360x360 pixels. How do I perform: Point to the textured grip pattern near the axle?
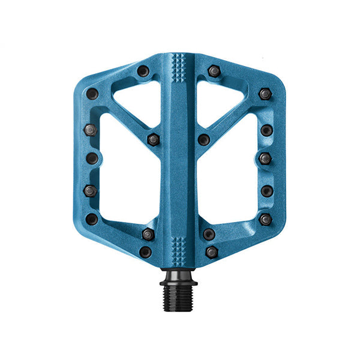(179, 247)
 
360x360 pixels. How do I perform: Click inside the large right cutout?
(231, 180)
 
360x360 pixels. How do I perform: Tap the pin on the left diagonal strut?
(153, 139)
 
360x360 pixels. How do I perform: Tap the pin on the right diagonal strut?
(204, 139)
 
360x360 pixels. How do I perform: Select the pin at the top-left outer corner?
(92, 94)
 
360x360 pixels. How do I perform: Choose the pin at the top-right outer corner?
(265, 94)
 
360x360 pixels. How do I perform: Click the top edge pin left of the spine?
(143, 71)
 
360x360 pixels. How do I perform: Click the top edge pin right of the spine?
(214, 71)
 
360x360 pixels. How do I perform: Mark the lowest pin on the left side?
(145, 252)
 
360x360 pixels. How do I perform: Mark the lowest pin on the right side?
(212, 252)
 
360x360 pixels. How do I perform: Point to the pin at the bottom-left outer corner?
(92, 219)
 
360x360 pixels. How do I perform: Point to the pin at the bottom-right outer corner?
(265, 219)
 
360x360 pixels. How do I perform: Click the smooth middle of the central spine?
(179, 156)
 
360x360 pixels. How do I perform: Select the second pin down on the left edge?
(91, 129)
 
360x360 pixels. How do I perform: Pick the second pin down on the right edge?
(266, 130)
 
